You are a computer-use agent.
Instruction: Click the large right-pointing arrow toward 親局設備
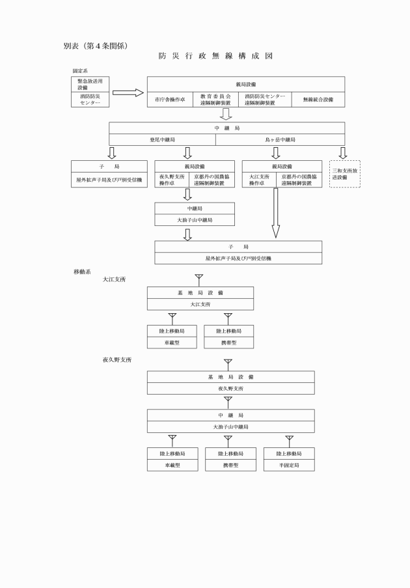pyautogui.click(x=131, y=93)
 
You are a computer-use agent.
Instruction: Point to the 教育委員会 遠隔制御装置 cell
pyautogui.click(x=215, y=100)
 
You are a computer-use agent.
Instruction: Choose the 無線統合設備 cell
pyautogui.click(x=318, y=100)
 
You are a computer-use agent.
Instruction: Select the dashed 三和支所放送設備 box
pyautogui.click(x=345, y=174)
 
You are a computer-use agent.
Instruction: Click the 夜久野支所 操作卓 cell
pyautogui.click(x=173, y=180)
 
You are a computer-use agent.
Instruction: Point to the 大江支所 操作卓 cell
pyautogui.click(x=260, y=180)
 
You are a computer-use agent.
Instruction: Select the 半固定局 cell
pyautogui.click(x=289, y=466)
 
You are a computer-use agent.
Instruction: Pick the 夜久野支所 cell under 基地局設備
pyautogui.click(x=230, y=388)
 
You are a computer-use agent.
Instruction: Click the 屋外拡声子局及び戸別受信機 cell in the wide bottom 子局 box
pyautogui.click(x=238, y=259)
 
